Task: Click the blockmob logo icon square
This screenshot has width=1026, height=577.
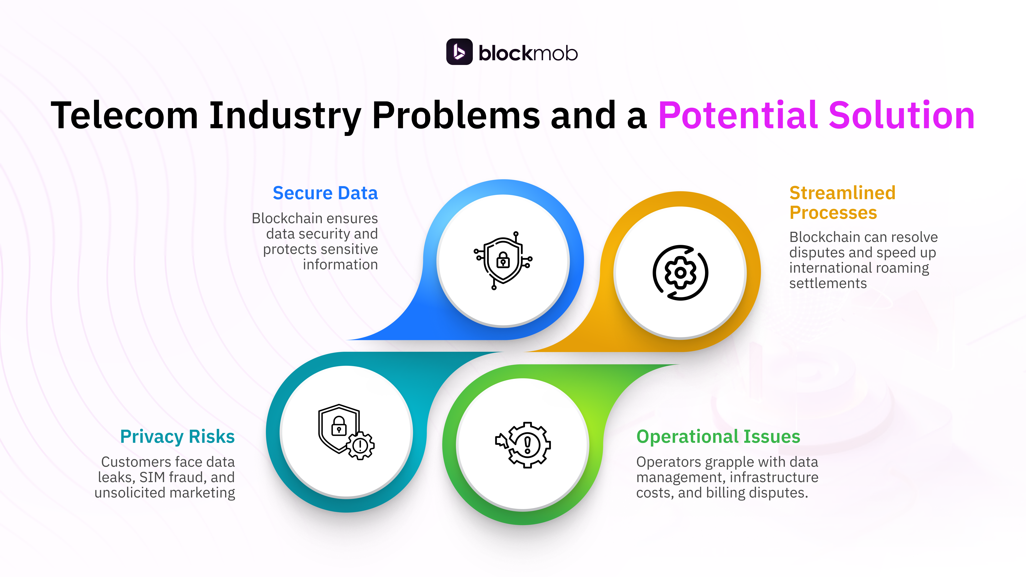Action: [459, 52]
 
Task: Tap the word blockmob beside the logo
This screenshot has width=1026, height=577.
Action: [528, 53]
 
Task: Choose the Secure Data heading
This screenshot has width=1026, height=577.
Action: [325, 193]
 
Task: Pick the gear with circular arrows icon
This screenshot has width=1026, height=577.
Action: [680, 273]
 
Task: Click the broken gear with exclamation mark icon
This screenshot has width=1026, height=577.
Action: [523, 445]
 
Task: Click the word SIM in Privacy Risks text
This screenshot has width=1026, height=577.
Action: [152, 477]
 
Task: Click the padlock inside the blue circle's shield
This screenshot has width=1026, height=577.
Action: [503, 261]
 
